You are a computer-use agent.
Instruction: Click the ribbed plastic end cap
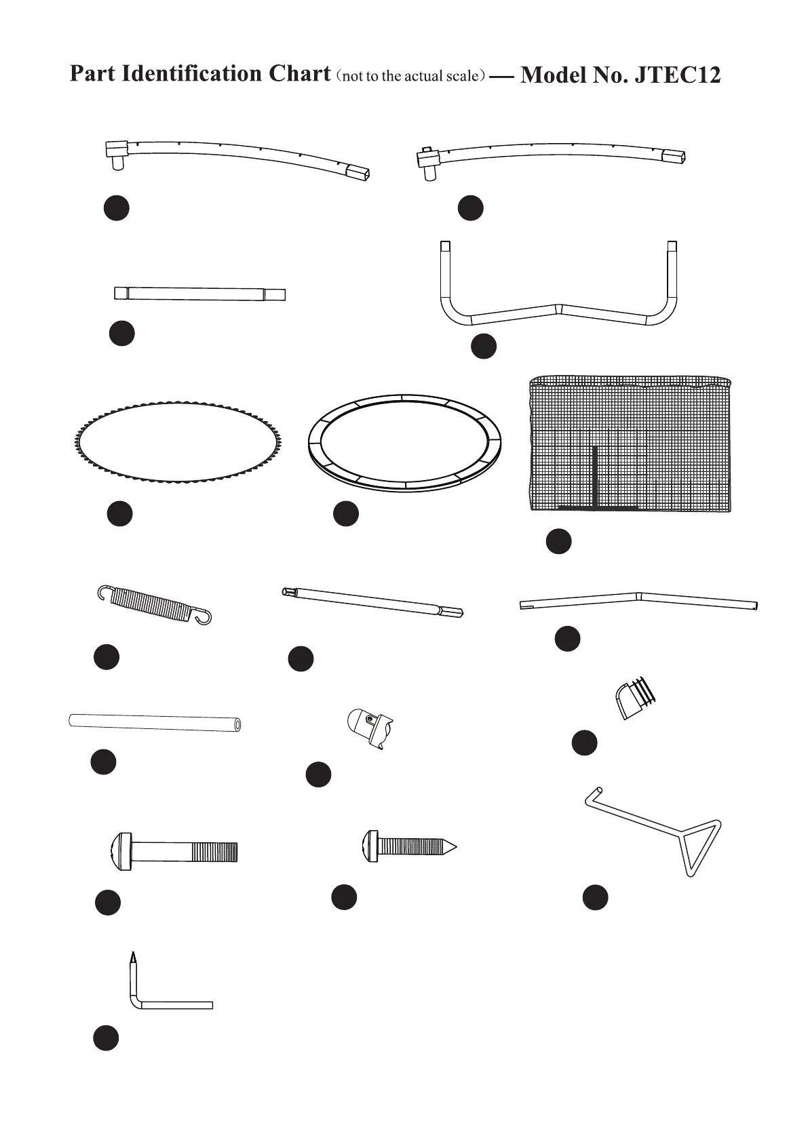(x=637, y=698)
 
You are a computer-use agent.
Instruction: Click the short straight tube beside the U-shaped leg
(x=199, y=294)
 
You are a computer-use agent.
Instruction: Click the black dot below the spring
(x=107, y=656)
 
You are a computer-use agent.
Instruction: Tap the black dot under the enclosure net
(x=559, y=541)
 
